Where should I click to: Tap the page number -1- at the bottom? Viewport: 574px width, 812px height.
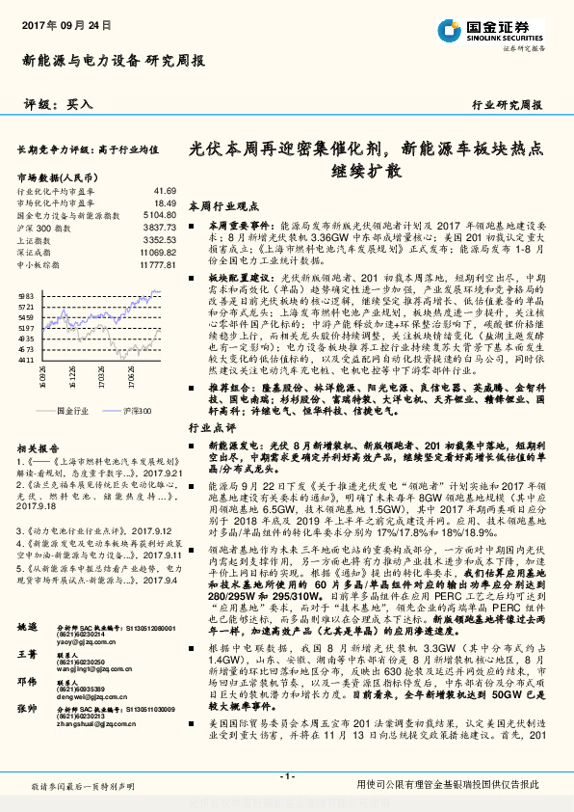coord(286,777)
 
